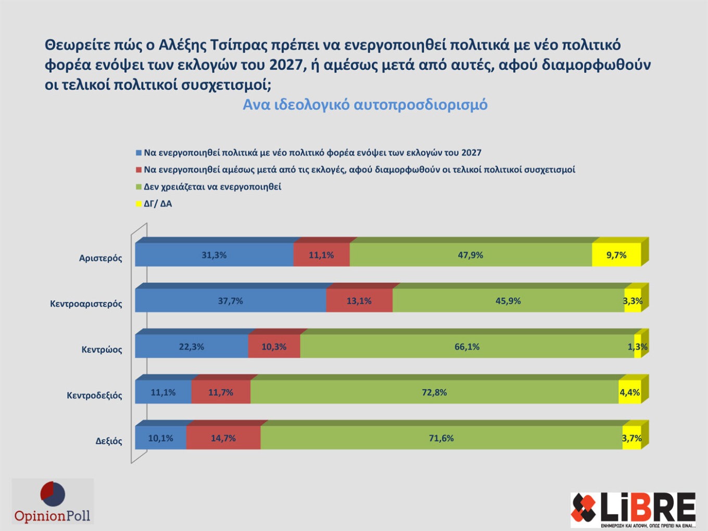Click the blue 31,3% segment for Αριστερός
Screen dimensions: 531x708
[214, 255]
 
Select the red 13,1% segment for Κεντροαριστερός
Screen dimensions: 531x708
[359, 301]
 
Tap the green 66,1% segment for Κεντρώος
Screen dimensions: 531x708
[467, 347]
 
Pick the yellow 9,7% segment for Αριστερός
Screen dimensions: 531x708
[616, 255]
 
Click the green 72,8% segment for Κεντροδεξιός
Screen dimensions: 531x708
[434, 393]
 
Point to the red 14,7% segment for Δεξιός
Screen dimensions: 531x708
[223, 438]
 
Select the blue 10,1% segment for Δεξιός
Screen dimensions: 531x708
[160, 438]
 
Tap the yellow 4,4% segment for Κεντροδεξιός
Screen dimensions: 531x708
[629, 393]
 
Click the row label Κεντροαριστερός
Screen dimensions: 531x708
[86, 304]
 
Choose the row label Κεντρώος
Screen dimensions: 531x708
[102, 349]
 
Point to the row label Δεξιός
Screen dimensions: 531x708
[109, 441]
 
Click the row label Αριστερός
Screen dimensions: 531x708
[100, 258]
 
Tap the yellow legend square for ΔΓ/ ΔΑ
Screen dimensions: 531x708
[138, 204]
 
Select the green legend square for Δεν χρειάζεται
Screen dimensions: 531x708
[138, 187]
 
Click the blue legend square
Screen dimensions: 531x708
[138, 153]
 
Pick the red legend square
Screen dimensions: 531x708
[138, 170]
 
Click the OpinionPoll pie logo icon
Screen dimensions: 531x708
[53, 494]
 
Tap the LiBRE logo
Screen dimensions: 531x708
[633, 509]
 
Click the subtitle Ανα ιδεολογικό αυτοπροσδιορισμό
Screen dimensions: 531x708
[365, 105]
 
